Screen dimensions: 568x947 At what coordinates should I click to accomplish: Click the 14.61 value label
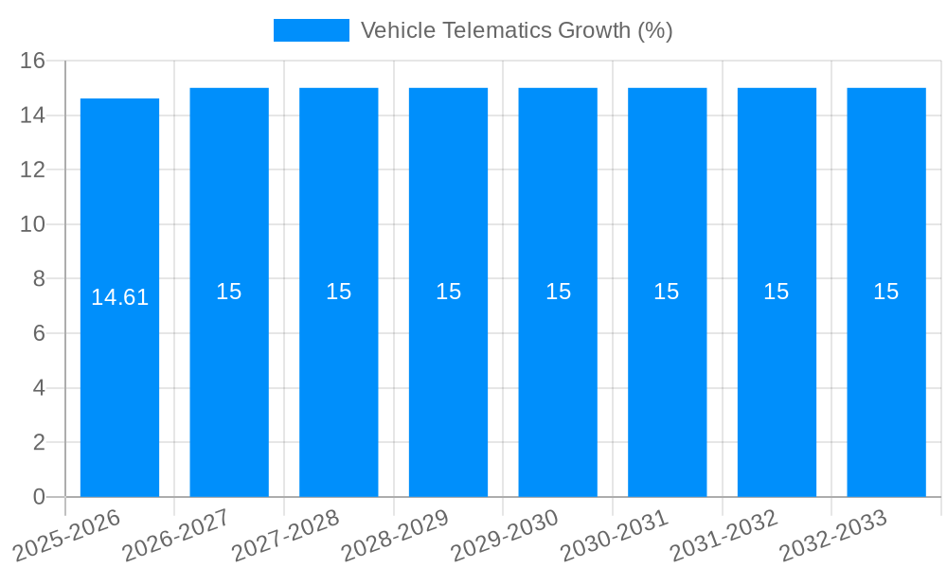(119, 297)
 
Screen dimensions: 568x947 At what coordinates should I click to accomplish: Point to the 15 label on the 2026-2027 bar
(229, 292)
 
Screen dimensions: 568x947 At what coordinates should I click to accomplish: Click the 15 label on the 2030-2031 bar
(667, 292)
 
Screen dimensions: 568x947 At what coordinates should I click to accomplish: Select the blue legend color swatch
(311, 30)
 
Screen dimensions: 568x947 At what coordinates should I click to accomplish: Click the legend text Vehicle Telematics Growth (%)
(516, 30)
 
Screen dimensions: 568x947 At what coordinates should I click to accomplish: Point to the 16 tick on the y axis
(33, 62)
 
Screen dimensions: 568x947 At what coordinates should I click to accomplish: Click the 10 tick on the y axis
(33, 224)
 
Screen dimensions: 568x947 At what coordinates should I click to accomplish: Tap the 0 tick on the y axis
(39, 497)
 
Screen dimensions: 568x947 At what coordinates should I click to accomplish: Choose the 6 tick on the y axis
(39, 333)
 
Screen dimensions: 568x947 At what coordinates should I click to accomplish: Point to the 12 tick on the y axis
(33, 170)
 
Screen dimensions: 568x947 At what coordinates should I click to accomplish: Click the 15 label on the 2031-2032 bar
(777, 292)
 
